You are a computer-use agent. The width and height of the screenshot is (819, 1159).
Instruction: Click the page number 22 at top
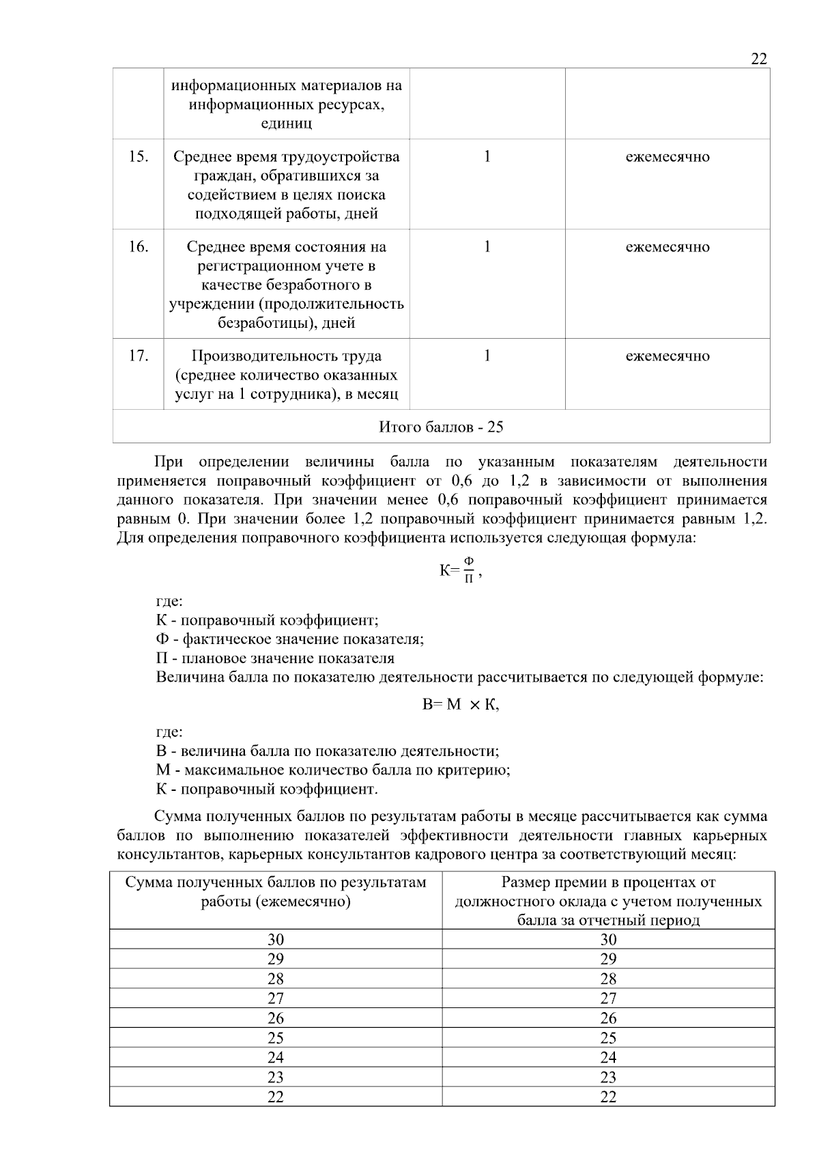(758, 59)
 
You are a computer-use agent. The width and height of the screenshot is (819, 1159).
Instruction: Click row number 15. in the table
(139, 156)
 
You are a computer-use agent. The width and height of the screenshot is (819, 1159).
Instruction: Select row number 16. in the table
(139, 247)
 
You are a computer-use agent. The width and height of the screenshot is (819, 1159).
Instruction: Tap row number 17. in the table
(139, 356)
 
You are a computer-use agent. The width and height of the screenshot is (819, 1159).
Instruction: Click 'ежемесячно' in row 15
(667, 156)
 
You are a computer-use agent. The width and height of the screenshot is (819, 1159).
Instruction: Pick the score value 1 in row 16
(487, 247)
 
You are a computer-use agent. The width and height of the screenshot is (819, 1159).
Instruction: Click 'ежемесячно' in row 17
(667, 356)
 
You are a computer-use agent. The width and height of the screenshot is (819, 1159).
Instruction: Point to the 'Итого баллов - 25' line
(441, 427)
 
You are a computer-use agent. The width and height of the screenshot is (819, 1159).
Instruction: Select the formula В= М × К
(461, 705)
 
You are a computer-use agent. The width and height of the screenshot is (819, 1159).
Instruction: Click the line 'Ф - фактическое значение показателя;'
(290, 639)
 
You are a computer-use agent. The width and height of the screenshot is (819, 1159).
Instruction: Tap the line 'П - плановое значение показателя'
(275, 658)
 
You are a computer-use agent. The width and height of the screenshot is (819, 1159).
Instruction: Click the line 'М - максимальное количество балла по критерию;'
(333, 770)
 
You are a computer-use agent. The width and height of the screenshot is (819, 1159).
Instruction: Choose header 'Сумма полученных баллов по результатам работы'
(275, 891)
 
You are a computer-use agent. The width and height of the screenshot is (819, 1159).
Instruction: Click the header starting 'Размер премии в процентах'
(608, 901)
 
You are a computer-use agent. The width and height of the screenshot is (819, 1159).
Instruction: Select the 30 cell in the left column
(275, 939)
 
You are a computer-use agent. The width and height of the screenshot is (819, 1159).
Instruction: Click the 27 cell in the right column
(608, 999)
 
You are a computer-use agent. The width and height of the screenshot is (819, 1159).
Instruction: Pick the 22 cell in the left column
(275, 1097)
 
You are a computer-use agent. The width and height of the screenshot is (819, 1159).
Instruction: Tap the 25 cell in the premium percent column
(608, 1038)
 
